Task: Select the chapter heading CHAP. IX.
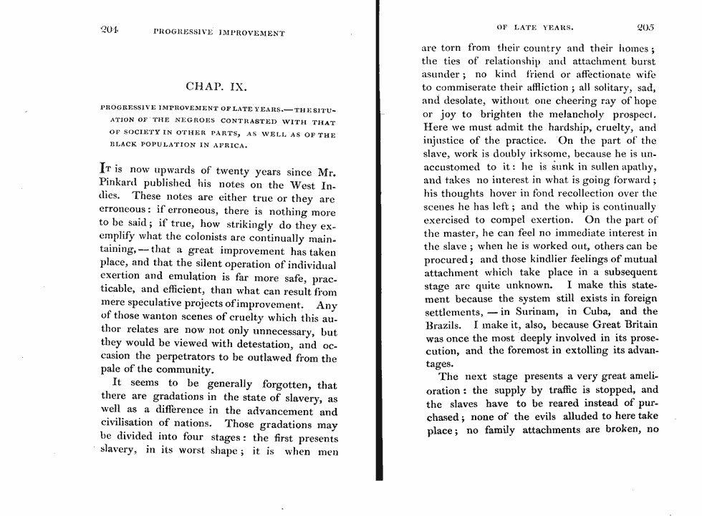(216, 87)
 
